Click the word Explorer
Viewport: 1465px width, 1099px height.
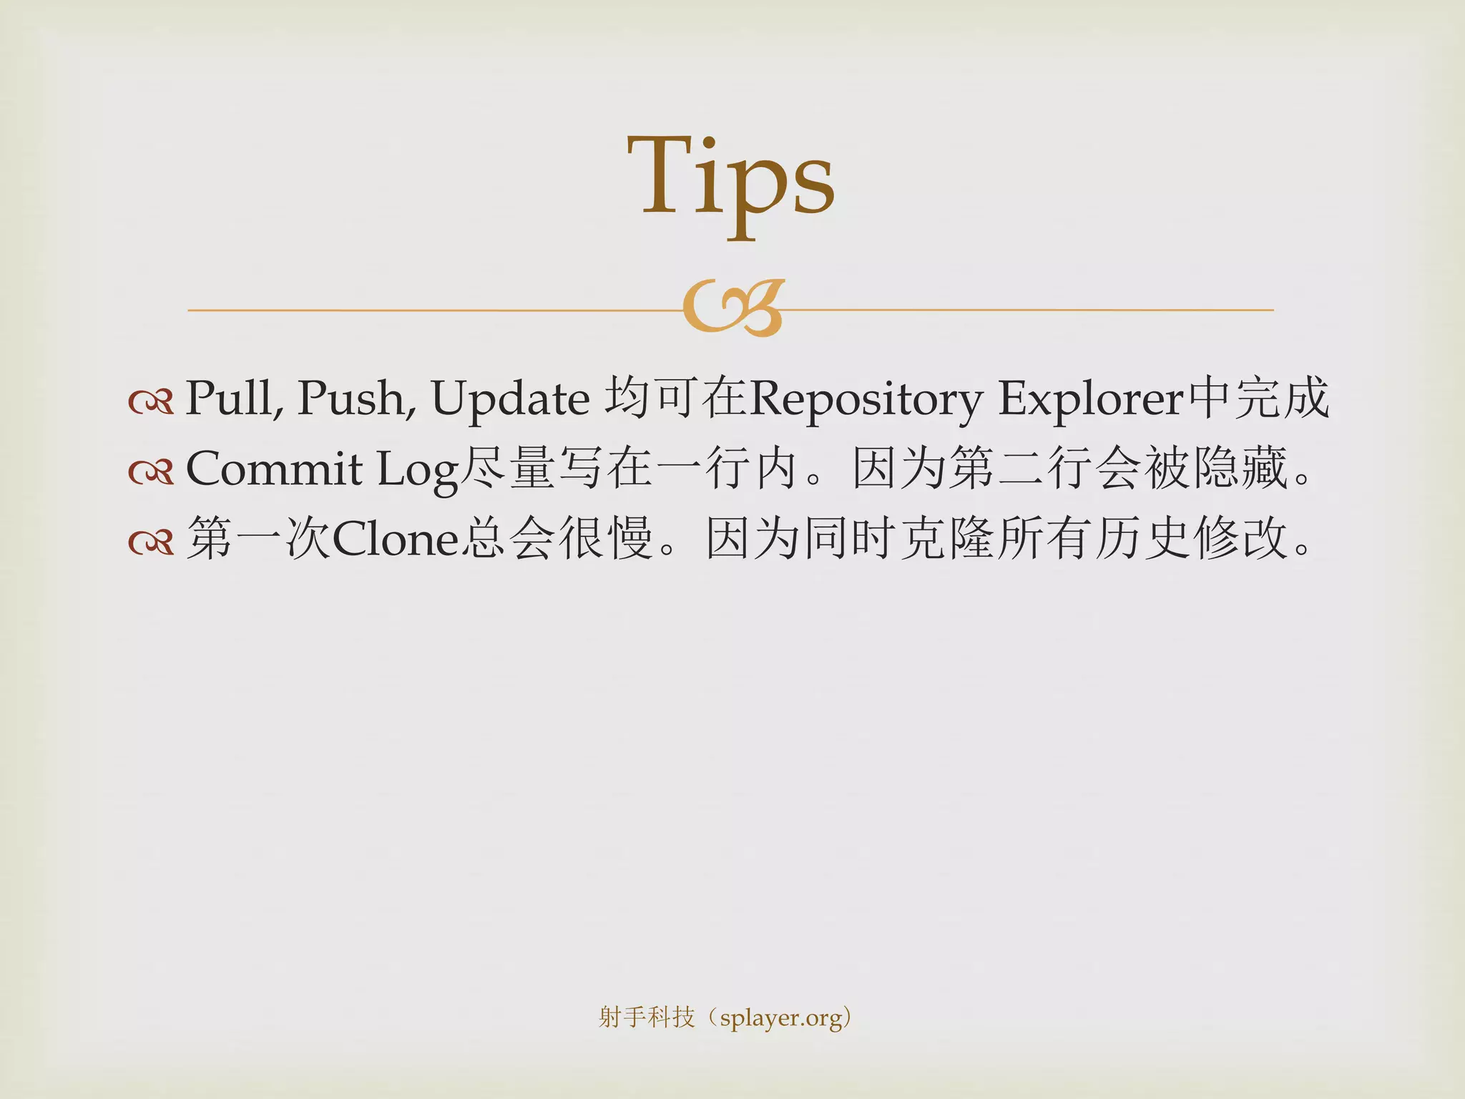(x=1091, y=398)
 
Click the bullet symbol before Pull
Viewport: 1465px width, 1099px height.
(x=151, y=401)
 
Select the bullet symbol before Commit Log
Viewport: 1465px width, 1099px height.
(x=151, y=472)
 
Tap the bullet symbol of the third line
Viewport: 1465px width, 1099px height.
(x=151, y=542)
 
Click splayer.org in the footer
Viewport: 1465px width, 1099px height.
(x=781, y=1017)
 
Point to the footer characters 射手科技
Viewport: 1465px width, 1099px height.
(x=646, y=1017)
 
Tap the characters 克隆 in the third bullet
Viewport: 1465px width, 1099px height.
(x=946, y=539)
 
